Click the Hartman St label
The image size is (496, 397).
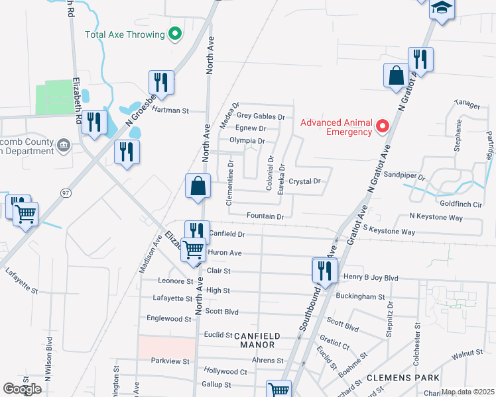coord(170,111)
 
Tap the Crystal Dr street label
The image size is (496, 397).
coord(304,181)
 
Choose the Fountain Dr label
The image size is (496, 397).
coord(265,216)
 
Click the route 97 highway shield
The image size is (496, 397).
coord(46,193)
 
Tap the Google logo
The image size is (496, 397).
coord(22,389)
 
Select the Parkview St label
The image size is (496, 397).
coord(170,361)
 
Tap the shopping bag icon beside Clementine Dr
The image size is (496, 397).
coord(199,187)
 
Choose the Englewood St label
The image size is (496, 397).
coord(168,319)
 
